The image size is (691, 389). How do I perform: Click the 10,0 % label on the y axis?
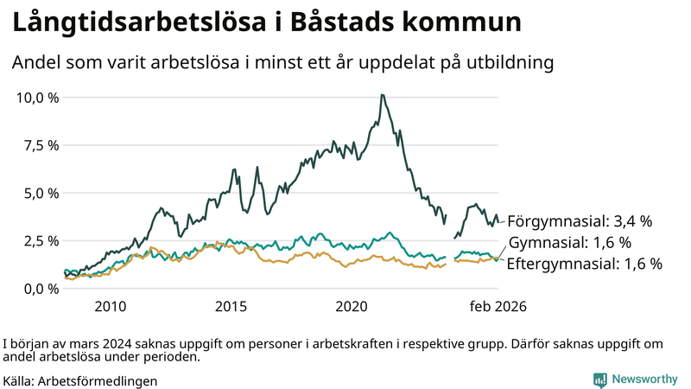[x=38, y=97]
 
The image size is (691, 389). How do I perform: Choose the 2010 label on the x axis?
[x=111, y=307]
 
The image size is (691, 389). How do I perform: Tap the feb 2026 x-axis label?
[x=498, y=307]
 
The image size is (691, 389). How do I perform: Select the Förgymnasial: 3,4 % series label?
[x=579, y=221]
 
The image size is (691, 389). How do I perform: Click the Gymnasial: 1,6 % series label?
[x=570, y=242]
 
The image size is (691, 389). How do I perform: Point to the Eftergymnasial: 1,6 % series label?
[x=584, y=264]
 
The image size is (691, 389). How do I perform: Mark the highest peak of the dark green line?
[x=382, y=95]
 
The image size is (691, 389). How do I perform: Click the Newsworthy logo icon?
[x=599, y=379]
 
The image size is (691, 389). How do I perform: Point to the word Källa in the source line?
[x=19, y=380]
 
